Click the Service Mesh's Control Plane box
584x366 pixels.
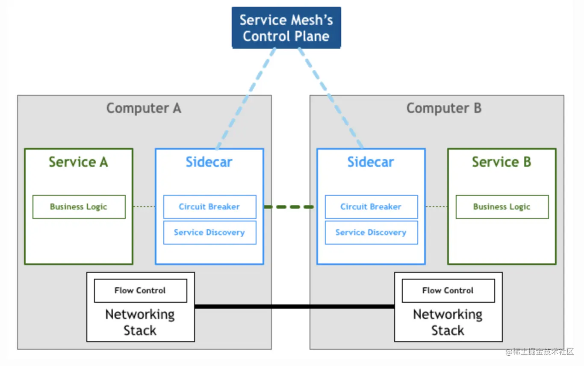click(286, 28)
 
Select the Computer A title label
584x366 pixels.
click(144, 108)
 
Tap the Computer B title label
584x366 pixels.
click(444, 108)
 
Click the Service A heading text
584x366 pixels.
click(78, 162)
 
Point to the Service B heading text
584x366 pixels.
click(501, 162)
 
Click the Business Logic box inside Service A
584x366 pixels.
click(79, 207)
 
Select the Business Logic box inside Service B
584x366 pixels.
click(502, 207)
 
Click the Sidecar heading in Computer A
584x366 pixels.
click(209, 162)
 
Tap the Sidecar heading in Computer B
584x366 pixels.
click(371, 162)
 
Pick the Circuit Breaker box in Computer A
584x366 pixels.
click(209, 207)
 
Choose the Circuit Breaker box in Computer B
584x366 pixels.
click(371, 207)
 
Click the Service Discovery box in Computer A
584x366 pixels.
click(209, 233)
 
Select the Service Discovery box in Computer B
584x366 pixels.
click(371, 233)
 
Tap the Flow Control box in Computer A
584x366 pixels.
click(140, 291)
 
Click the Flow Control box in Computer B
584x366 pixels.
click(448, 291)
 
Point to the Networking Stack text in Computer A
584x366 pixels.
click(140, 322)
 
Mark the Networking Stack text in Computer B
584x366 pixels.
click(448, 322)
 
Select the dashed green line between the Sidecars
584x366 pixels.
click(290, 207)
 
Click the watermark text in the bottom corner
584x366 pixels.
click(540, 352)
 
